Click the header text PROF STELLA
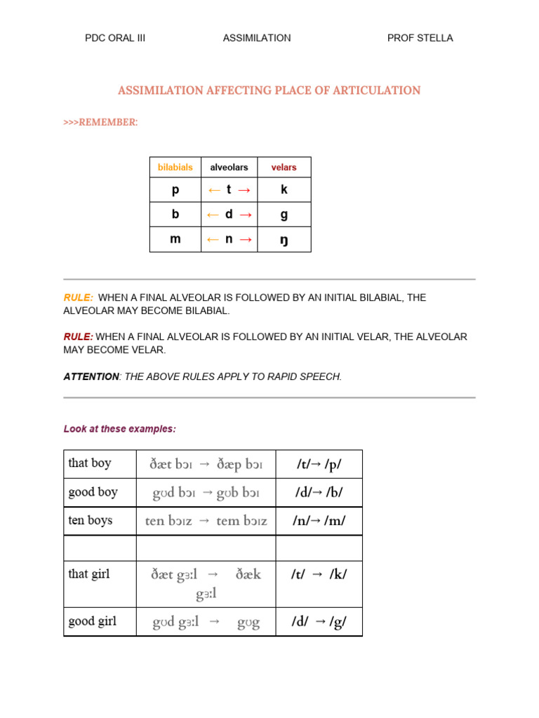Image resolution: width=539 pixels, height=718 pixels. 420,38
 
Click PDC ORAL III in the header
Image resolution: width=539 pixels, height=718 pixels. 115,38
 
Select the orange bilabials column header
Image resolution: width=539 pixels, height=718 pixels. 175,168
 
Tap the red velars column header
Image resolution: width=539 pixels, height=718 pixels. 284,168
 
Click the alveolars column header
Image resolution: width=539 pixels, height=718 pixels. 229,168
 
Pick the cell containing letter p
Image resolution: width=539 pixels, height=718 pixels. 175,190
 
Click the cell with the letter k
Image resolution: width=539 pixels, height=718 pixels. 284,190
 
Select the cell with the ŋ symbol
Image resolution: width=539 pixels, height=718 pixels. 284,240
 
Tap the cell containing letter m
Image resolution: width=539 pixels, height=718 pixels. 175,239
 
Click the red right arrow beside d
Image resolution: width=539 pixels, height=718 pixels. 245,215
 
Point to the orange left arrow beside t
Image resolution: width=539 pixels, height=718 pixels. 213,190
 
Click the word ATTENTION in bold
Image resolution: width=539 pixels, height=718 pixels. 91,377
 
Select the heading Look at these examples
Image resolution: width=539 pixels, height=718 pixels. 120,428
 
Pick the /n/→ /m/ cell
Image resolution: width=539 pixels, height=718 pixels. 319,522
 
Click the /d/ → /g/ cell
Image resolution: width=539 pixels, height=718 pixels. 319,621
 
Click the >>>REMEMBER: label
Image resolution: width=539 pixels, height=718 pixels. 100,123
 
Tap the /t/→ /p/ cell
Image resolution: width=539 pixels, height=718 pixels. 319,464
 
